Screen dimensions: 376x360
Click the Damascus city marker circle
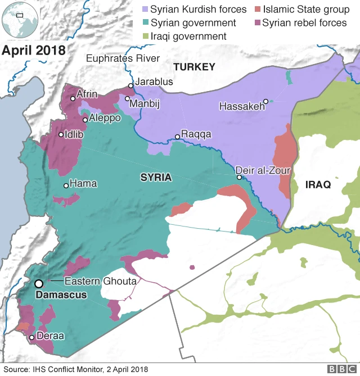pos(39,284)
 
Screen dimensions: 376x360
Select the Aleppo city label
pos(105,119)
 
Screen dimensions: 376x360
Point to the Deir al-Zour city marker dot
pos(239,178)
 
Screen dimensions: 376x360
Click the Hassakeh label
pos(241,106)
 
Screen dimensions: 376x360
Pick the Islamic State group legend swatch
pos(257,10)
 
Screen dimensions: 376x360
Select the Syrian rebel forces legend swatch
pos(257,23)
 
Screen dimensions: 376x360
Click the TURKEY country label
pos(194,67)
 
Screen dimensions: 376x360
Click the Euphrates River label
pos(123,58)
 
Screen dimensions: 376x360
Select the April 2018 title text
pos(33,49)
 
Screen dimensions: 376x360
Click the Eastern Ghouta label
pos(100,281)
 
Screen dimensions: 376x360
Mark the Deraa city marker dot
pos(32,337)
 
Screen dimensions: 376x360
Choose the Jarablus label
pos(154,82)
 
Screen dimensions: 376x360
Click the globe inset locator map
pos(19,20)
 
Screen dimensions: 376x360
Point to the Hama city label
pos(83,184)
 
